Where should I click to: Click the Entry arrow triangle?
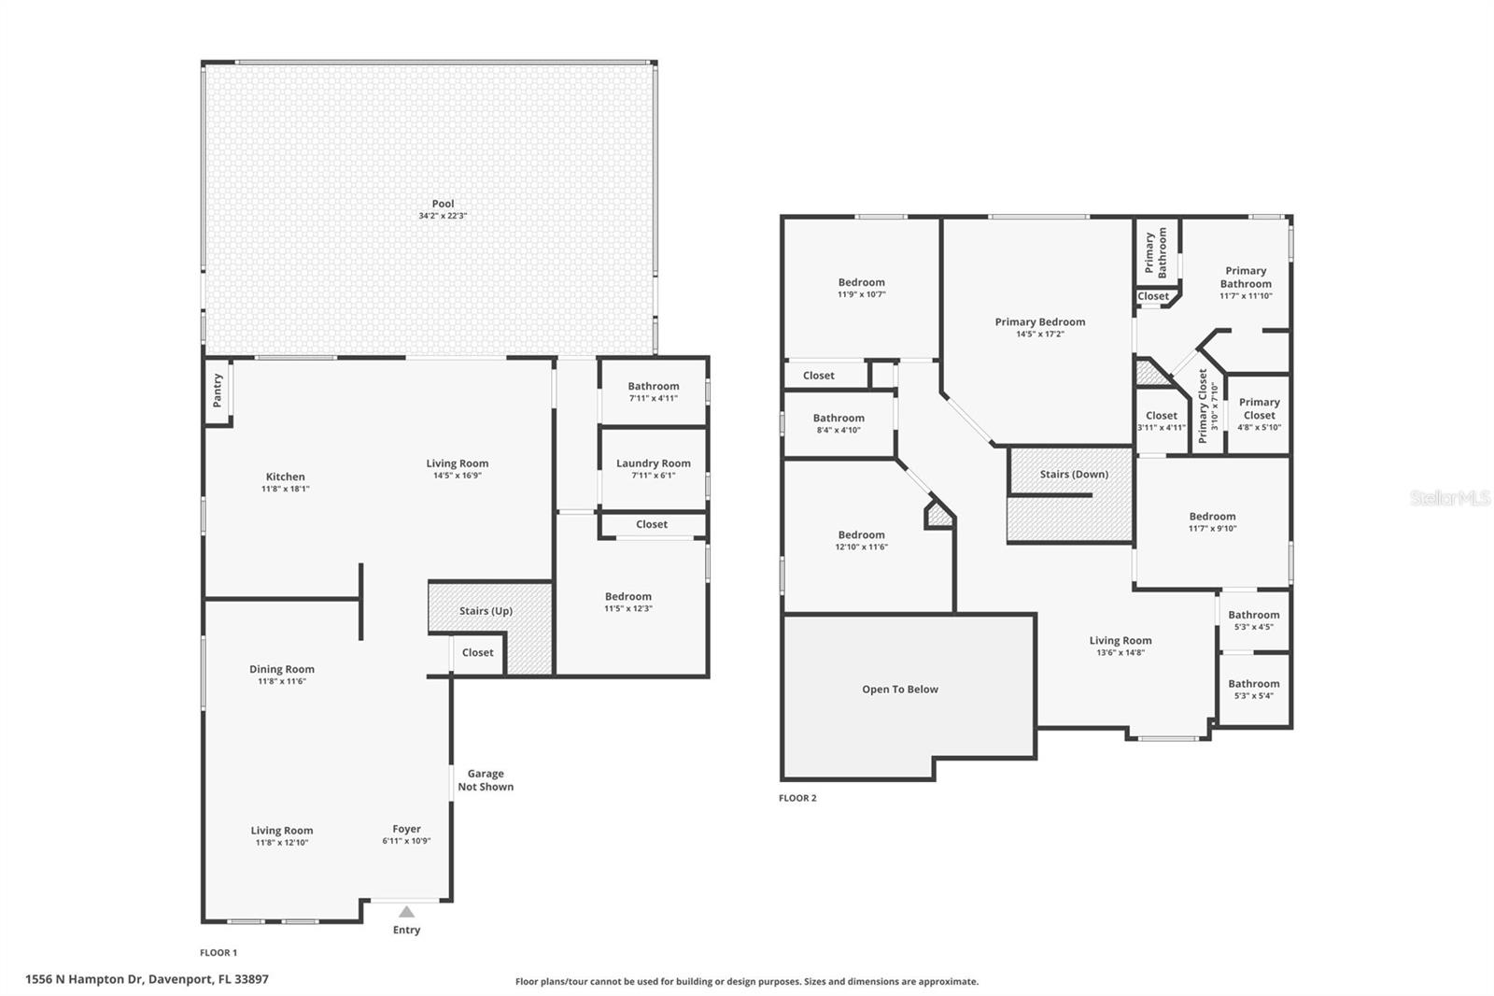[406, 911]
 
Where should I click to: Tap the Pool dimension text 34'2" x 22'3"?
[443, 216]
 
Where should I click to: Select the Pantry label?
[217, 390]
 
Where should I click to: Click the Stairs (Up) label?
[486, 611]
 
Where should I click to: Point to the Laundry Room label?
[653, 463]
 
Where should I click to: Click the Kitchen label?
[286, 477]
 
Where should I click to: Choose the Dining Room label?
[281, 669]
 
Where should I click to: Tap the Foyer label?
[406, 829]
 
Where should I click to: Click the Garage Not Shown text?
[486, 780]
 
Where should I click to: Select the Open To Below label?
[900, 689]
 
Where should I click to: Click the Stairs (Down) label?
[1074, 474]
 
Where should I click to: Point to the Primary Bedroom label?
[1040, 321]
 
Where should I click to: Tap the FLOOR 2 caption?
[797, 798]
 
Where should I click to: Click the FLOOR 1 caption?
[218, 953]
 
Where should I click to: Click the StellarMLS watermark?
[1451, 497]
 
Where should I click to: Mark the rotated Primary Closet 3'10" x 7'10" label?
[1208, 406]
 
